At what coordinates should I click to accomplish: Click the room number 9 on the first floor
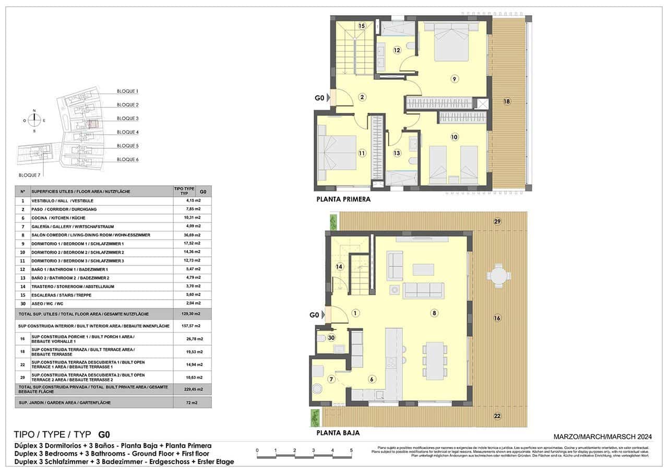pyautogui.click(x=455, y=79)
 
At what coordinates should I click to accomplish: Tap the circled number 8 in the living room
pyautogui.click(x=433, y=313)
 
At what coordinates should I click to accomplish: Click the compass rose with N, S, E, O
pyautogui.click(x=34, y=120)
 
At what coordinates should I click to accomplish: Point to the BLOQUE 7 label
pyautogui.click(x=29, y=175)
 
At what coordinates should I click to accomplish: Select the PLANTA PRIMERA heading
pyautogui.click(x=343, y=199)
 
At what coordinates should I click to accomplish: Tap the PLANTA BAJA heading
pyautogui.click(x=338, y=433)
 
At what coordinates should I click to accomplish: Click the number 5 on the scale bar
pyautogui.click(x=351, y=450)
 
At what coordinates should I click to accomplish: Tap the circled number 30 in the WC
pyautogui.click(x=330, y=338)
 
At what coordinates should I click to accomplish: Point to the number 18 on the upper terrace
pyautogui.click(x=506, y=101)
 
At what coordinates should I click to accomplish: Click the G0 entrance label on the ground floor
pyautogui.click(x=314, y=315)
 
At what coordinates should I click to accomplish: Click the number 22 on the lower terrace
pyautogui.click(x=497, y=416)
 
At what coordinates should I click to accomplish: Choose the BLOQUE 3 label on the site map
pyautogui.click(x=127, y=119)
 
